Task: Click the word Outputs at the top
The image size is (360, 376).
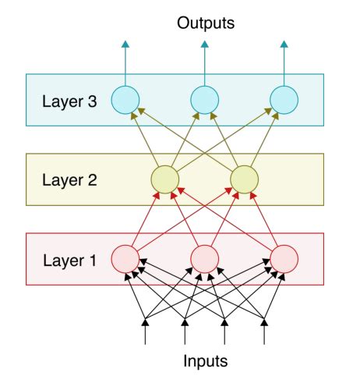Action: (205, 23)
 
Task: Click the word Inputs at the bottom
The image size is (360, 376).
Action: (205, 361)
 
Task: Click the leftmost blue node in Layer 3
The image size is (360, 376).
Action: (125, 99)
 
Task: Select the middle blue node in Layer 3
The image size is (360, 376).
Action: (204, 99)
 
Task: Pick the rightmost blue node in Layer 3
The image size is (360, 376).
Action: (284, 99)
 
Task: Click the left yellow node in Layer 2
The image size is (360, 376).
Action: (164, 179)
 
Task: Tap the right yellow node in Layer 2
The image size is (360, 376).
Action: (244, 179)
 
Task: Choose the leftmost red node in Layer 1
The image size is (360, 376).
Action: (125, 257)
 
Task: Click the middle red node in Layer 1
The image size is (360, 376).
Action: (204, 257)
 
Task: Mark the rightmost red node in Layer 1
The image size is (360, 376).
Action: (284, 257)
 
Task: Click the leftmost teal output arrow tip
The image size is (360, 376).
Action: (125, 45)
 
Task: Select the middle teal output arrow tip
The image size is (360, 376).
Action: (204, 45)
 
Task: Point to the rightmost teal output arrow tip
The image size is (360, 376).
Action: (284, 45)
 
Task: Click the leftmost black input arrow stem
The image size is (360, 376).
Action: (145, 334)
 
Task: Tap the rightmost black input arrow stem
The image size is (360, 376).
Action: (265, 334)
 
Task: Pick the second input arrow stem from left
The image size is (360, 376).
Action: (185, 334)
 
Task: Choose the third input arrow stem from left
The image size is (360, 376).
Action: (225, 334)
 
